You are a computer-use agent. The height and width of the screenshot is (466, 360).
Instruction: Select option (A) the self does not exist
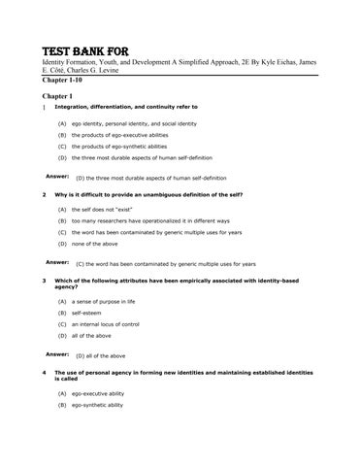pos(107,211)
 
